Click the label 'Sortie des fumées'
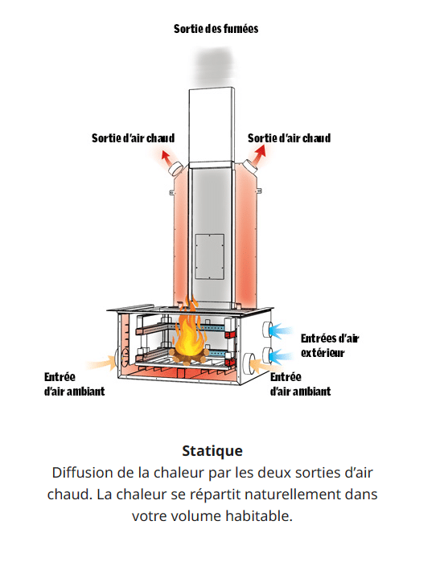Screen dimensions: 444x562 point(216,29)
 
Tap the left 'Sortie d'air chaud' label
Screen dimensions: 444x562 point(133,138)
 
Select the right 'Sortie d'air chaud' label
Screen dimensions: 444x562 point(289,138)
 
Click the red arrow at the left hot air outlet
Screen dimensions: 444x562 point(165,156)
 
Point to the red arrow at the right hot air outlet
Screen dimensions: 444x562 point(260,152)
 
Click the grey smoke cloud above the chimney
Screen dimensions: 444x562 point(215,64)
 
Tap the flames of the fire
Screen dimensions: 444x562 point(189,328)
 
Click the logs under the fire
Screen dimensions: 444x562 point(189,356)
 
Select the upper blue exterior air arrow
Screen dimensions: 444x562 point(281,330)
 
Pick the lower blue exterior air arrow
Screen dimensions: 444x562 point(281,357)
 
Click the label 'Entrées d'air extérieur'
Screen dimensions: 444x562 point(330,346)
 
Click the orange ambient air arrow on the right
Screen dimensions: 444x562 point(261,367)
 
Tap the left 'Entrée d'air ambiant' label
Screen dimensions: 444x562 point(74,384)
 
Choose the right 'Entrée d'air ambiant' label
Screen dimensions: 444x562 point(301,384)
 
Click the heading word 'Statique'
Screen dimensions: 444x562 point(212,451)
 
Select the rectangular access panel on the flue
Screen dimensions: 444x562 point(210,256)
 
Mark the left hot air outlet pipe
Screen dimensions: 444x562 point(175,168)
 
